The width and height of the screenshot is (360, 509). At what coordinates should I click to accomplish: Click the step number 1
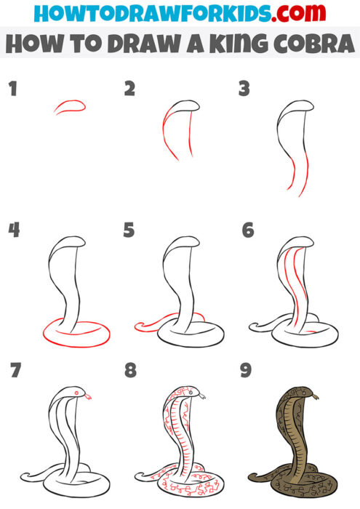coord(12,90)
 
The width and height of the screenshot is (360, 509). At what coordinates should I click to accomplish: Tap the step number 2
coord(129,90)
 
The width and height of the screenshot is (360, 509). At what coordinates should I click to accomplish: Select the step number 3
coord(244,90)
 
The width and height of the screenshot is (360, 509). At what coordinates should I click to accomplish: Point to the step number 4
coord(12,231)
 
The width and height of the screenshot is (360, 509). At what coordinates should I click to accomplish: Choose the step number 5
coord(129,231)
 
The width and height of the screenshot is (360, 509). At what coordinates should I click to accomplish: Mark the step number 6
coord(247,231)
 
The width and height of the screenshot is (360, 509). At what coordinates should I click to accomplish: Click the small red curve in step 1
coord(70,106)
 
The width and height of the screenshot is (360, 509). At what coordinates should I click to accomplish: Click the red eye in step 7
coord(73,394)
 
